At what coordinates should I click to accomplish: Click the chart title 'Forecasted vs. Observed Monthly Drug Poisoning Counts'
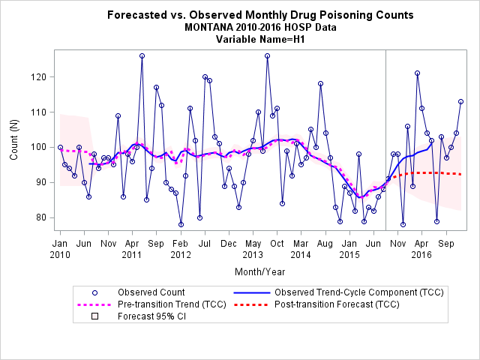260,15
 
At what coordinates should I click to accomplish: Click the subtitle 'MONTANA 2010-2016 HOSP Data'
260,27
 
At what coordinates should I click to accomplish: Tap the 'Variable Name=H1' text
260,39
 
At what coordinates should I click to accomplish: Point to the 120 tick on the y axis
37,76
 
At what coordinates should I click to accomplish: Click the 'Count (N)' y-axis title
14,139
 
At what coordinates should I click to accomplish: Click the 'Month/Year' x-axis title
260,271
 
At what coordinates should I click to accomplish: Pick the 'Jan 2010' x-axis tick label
60,249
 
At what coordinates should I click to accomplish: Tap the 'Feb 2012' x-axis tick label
181,249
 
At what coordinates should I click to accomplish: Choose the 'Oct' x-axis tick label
277,244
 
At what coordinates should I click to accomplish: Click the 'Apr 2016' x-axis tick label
421,249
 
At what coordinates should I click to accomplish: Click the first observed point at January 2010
60,147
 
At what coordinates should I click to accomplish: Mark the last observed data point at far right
460,102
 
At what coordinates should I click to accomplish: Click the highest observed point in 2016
417,73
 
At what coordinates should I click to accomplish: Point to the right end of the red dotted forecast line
460,174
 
